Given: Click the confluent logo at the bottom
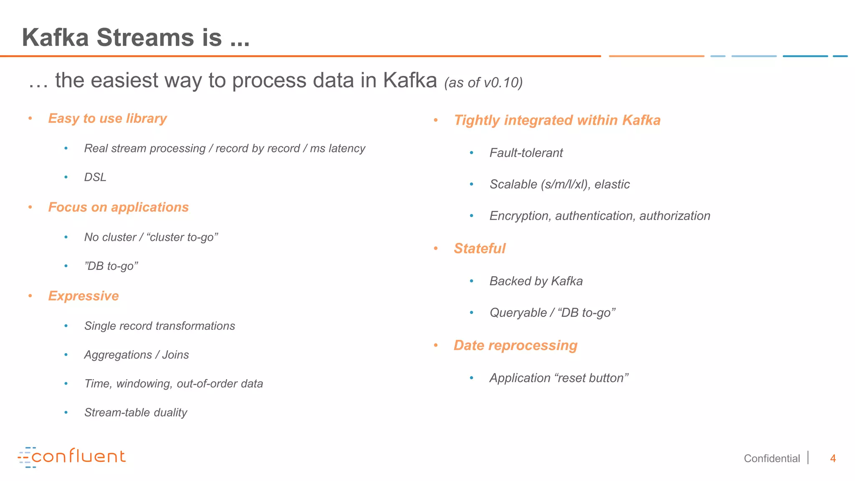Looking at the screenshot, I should coord(72,457).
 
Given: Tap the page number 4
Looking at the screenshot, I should coord(832,458).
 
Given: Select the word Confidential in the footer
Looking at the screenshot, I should coord(772,458).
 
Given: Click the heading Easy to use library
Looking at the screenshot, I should coord(107,119).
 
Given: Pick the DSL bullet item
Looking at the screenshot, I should coord(95,177).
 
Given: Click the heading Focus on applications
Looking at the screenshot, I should coord(118,208).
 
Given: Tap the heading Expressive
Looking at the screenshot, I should coord(83,296).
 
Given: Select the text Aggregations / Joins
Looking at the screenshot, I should coord(137,355).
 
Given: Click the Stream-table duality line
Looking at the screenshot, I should coord(136,413).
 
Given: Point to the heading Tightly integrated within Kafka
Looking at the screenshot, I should coord(557,120).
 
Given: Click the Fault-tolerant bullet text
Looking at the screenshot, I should coord(526,153).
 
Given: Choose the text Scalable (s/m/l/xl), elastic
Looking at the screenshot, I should coord(559,184).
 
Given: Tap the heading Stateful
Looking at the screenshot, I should coord(480,248).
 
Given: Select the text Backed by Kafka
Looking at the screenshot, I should coord(536,281).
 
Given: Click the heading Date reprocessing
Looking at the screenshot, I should coord(516,345).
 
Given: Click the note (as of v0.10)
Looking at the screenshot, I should coord(483,83).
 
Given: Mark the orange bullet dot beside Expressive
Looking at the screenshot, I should coord(30,296).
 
